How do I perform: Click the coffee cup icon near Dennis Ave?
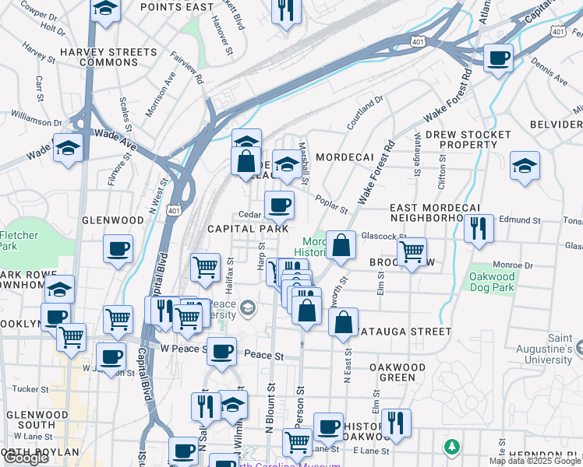click(x=497, y=57)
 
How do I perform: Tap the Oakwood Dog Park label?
click(x=492, y=282)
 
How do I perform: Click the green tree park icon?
click(x=451, y=447)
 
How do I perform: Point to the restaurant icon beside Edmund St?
click(x=479, y=227)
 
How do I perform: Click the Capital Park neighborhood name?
click(x=242, y=229)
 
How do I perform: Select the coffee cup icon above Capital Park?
click(x=278, y=205)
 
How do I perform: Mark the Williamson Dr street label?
click(x=36, y=121)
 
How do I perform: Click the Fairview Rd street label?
click(x=188, y=69)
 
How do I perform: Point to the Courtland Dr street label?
click(x=366, y=110)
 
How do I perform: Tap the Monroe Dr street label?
click(x=512, y=265)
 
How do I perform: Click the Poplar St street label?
click(x=332, y=203)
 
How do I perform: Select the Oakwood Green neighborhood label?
click(x=397, y=372)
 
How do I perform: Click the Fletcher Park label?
click(x=17, y=241)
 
